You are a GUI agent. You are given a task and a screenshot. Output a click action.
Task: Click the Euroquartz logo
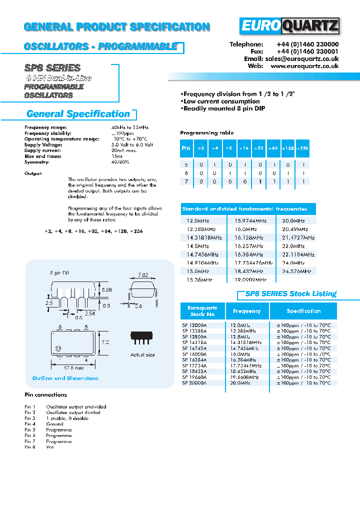click(x=289, y=26)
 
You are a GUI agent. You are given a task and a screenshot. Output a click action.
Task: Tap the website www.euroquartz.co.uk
click(x=304, y=66)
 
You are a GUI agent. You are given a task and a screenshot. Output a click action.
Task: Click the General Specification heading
click(x=78, y=114)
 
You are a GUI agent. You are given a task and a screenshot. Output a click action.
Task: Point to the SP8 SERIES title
click(x=52, y=68)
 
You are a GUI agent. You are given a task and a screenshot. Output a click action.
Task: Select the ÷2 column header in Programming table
click(x=200, y=148)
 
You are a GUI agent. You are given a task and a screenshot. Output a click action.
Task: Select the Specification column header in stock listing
click(x=303, y=311)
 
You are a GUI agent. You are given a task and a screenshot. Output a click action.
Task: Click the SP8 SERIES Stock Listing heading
click(x=290, y=294)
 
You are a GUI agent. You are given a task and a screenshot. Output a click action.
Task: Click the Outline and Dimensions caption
click(x=65, y=378)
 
